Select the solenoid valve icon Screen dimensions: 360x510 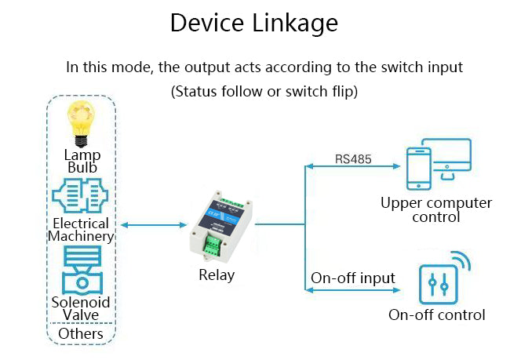point(82,271)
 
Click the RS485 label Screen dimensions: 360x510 point(353,159)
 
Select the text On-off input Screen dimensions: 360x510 point(353,278)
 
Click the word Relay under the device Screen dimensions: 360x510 point(216,275)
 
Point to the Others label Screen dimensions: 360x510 point(82,333)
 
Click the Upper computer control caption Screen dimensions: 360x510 point(436,209)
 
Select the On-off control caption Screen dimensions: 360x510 point(437,315)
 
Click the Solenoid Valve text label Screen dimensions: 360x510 point(82,308)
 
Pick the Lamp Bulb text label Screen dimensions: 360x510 point(82,161)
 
